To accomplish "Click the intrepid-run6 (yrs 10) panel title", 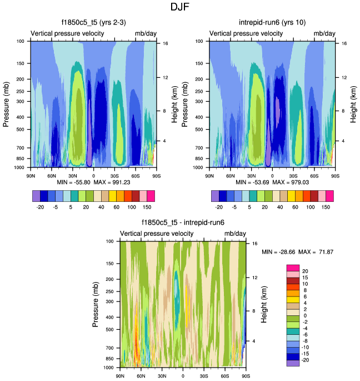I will (271, 22).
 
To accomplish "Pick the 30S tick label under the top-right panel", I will (294, 175).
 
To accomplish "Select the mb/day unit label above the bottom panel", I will (236, 234).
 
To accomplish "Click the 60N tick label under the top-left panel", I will (51, 175).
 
